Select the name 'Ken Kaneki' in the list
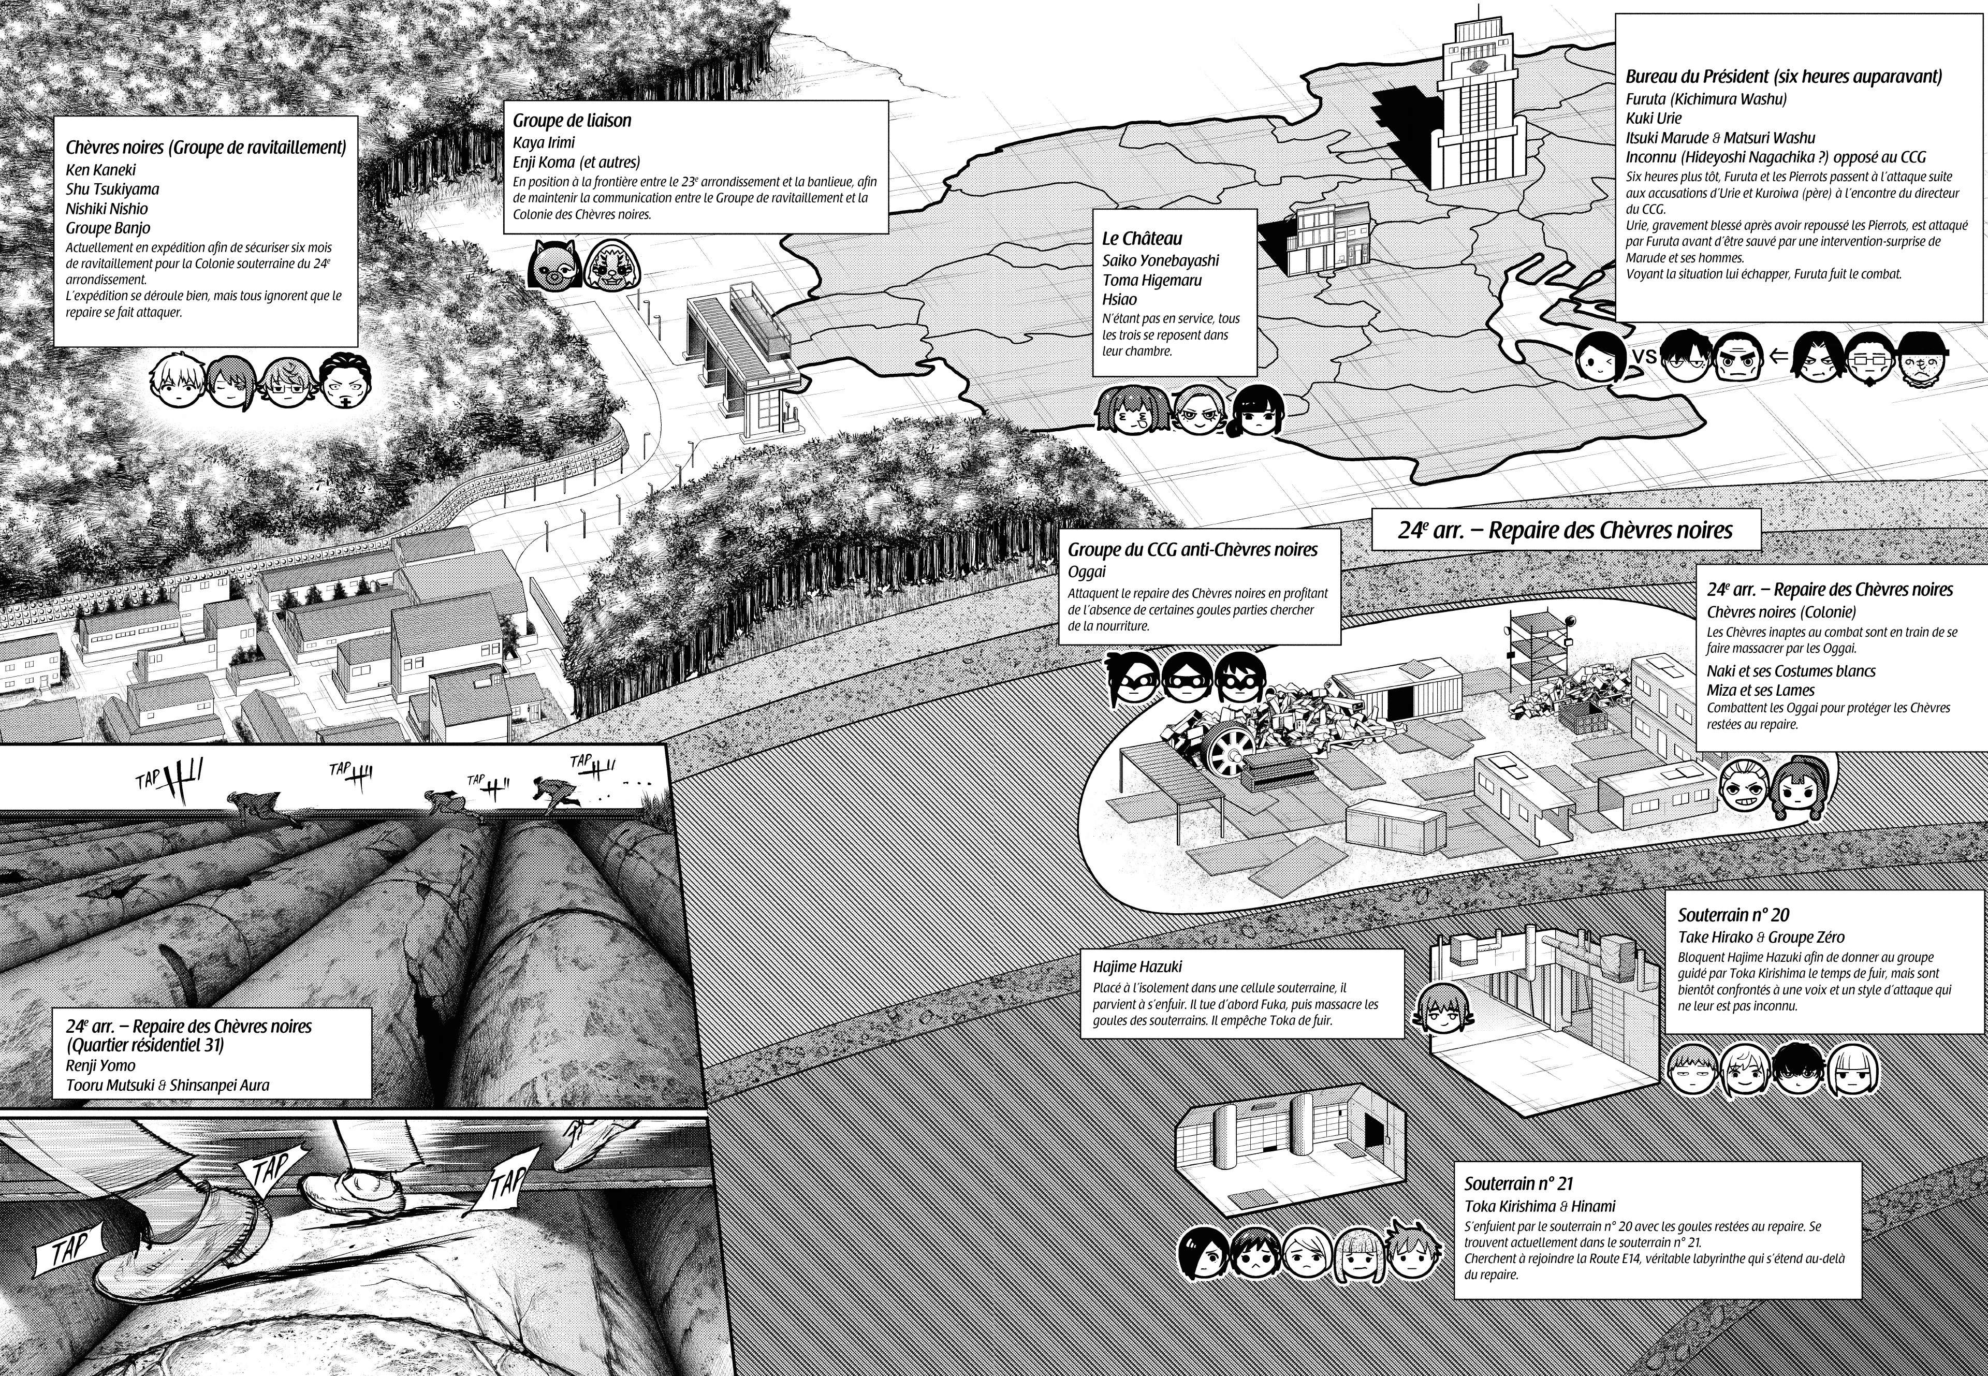[x=101, y=170]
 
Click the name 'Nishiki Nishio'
[x=107, y=209]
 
